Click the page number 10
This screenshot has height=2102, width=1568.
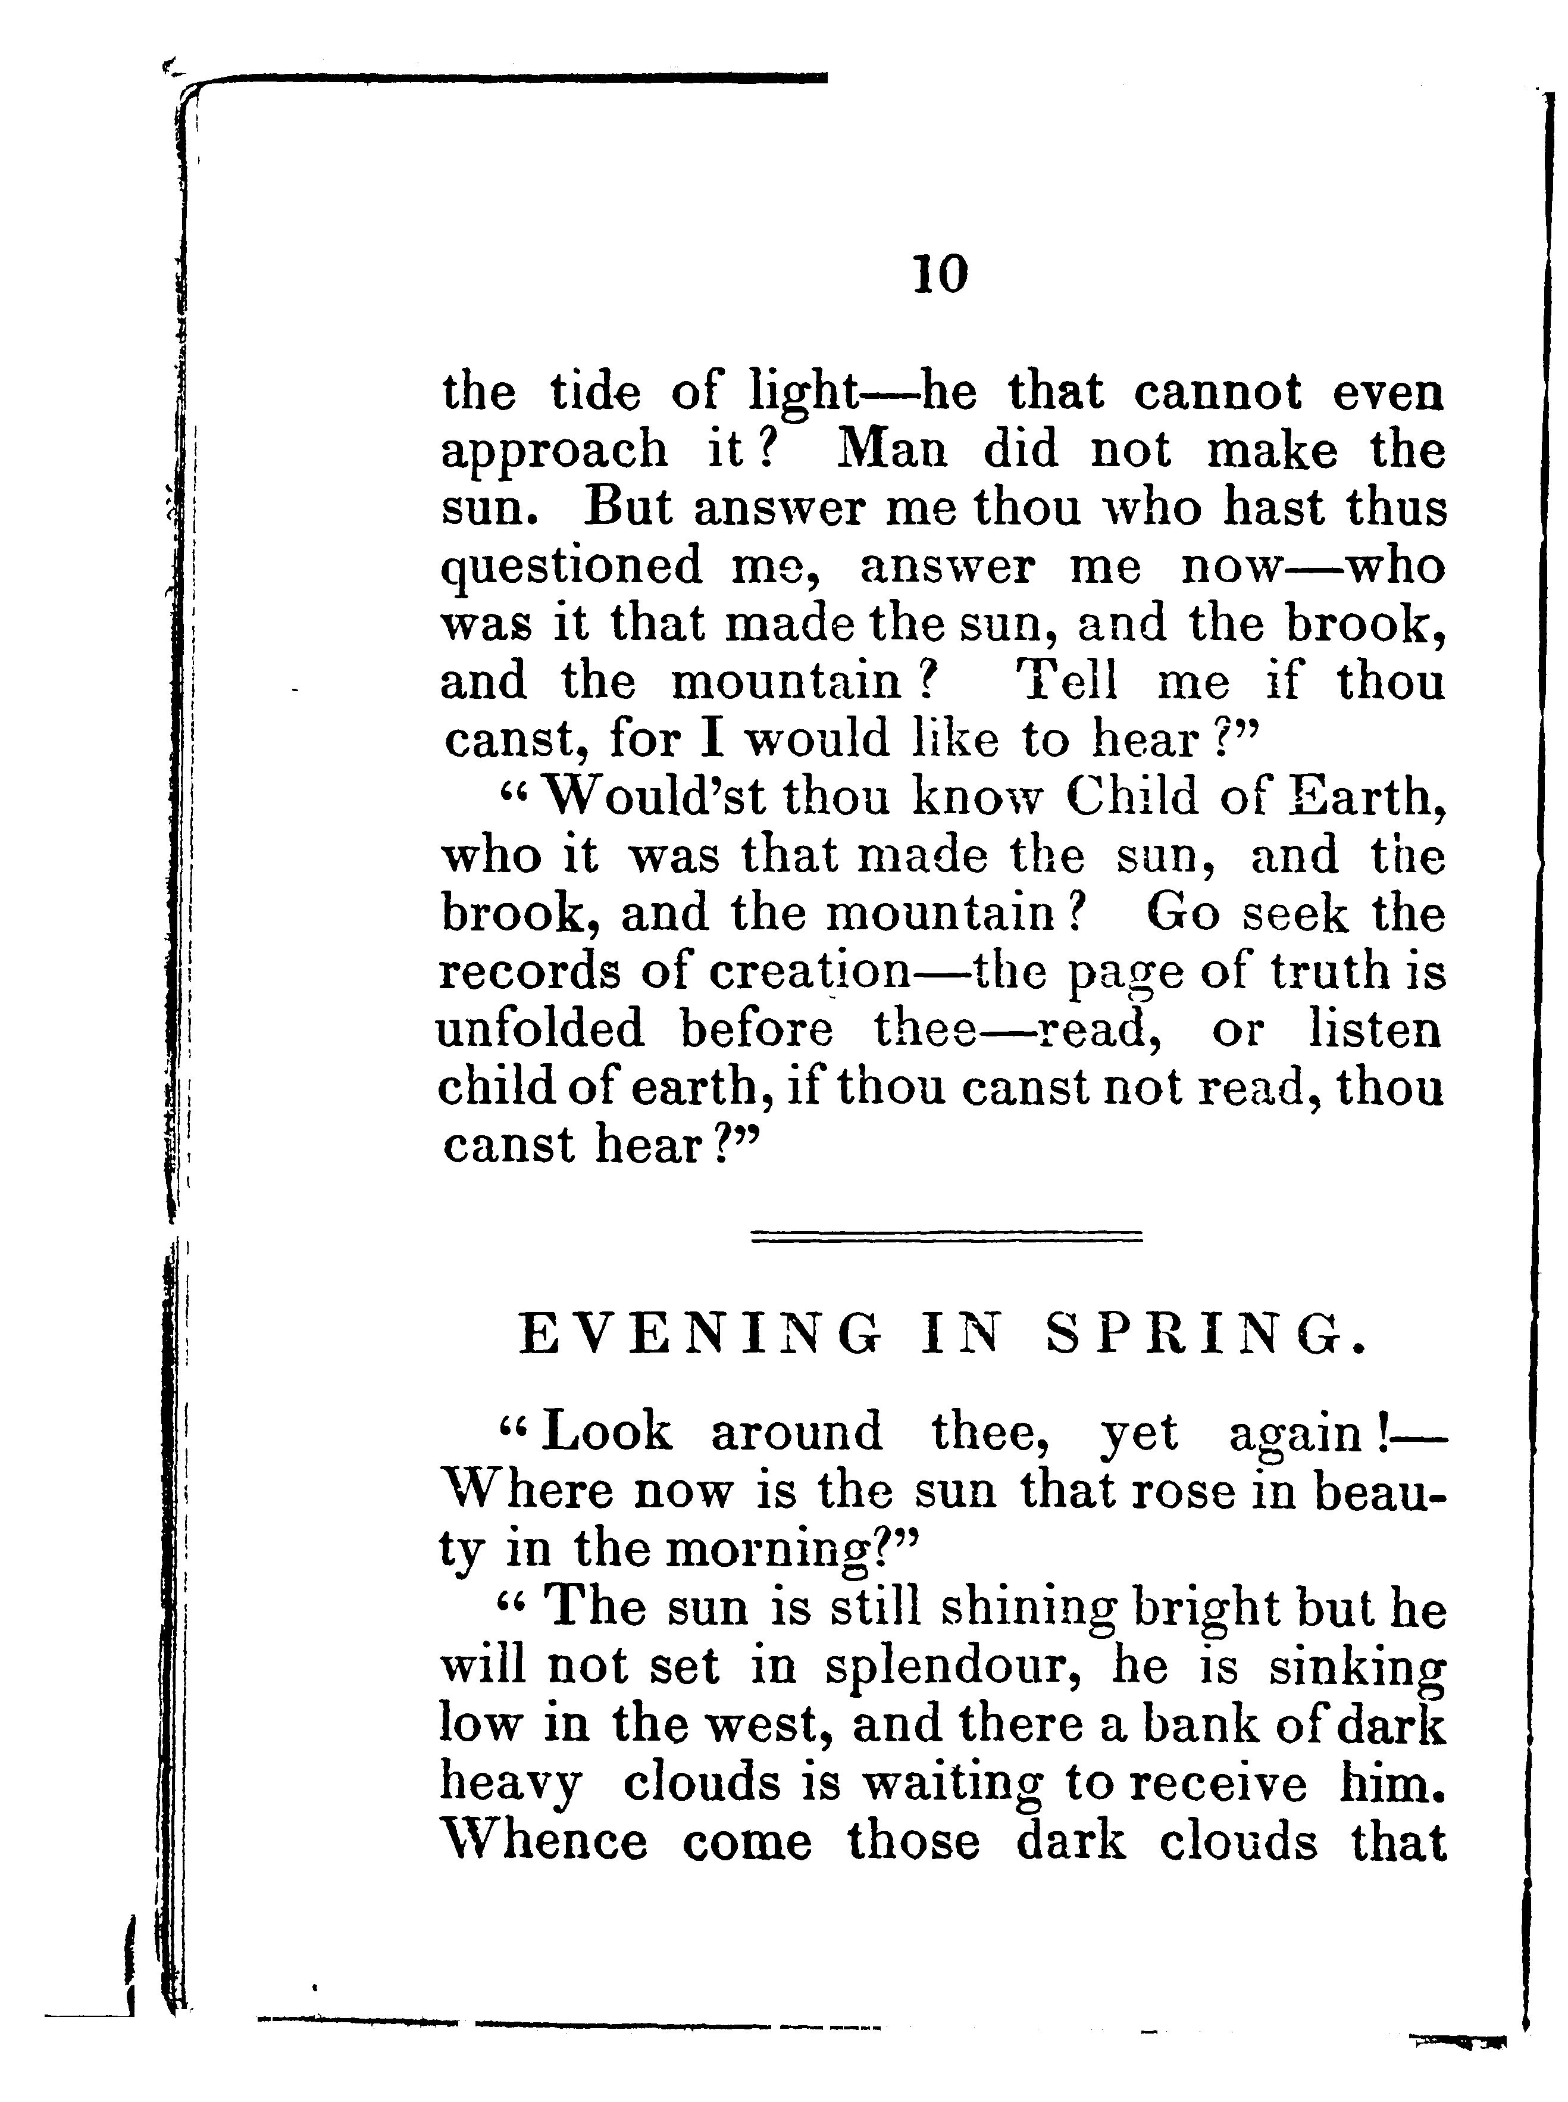(941, 276)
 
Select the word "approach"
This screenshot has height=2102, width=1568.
(555, 452)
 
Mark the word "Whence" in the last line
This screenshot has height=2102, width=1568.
(545, 1842)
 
